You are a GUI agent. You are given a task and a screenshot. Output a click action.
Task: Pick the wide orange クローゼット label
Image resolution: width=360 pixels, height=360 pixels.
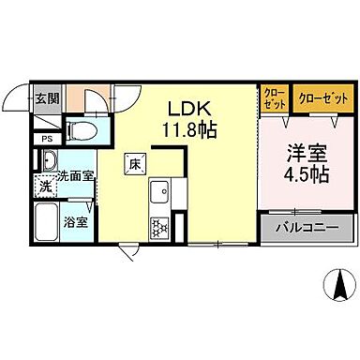click(323, 97)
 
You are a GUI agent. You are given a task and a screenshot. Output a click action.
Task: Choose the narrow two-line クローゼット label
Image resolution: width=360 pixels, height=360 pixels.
click(276, 97)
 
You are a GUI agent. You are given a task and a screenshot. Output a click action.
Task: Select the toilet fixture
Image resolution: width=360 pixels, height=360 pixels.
click(82, 129)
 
